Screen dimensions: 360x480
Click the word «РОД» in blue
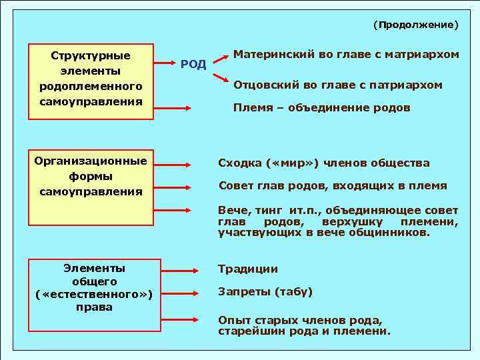[x=193, y=64]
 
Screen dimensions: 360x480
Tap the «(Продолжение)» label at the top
[x=415, y=25]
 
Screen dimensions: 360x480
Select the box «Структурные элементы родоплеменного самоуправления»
[x=91, y=79]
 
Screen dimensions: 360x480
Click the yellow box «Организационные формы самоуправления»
[x=91, y=177]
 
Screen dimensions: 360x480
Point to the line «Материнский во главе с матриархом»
[x=346, y=55]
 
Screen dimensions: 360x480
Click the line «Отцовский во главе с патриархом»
[x=338, y=85]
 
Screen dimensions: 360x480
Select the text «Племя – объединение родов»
[x=321, y=107]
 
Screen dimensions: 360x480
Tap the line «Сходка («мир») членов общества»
[x=324, y=163]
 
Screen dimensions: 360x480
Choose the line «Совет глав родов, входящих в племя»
[x=333, y=186]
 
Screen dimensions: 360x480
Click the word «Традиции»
[x=248, y=269]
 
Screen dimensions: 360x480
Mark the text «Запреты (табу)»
[x=265, y=292]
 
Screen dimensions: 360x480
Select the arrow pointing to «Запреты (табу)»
[x=179, y=293]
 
